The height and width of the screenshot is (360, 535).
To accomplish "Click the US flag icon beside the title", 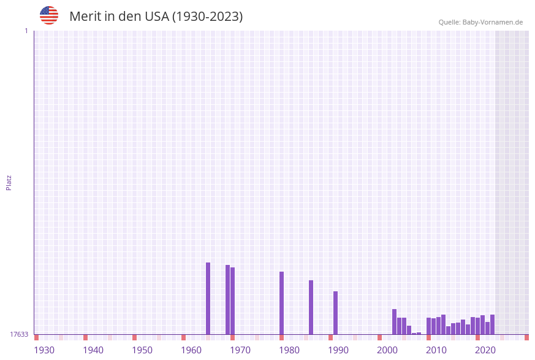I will (49, 15).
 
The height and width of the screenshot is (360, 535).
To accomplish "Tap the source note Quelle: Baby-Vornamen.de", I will (480, 22).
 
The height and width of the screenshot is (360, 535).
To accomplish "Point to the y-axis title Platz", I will (9, 182).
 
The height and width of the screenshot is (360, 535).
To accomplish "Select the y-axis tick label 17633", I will (19, 334).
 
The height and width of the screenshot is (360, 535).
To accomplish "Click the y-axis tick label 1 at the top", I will (26, 31).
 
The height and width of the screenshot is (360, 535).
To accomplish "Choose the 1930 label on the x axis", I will (44, 350).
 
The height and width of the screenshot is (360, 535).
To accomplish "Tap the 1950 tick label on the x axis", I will (142, 350).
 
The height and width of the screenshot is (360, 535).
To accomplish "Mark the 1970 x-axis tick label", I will (240, 350).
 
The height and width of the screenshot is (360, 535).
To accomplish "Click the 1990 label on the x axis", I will (338, 350).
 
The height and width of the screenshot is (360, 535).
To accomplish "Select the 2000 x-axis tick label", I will (387, 350).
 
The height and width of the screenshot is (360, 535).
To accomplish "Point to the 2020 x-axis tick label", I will (485, 350).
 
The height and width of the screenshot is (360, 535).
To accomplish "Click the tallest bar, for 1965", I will (208, 298).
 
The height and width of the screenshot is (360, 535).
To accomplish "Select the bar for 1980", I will (281, 303).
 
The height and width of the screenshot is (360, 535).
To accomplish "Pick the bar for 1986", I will (311, 307).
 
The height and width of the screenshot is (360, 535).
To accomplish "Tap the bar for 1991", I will (335, 313).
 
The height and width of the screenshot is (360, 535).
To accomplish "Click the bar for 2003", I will (394, 321).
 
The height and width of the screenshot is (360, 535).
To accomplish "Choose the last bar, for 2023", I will (492, 324).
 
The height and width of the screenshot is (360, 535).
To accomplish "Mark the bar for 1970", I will (232, 301).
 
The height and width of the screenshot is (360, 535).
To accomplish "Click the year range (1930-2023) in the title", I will (207, 17).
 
